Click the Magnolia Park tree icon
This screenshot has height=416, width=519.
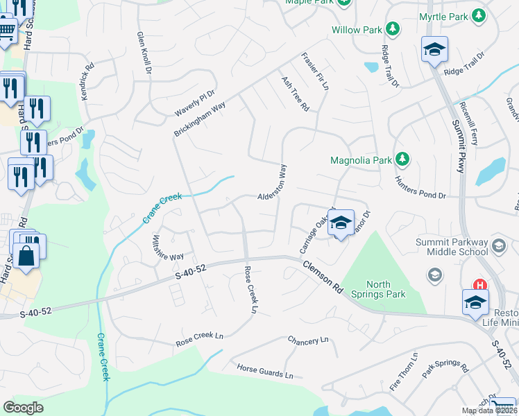pyautogui.click(x=402, y=160)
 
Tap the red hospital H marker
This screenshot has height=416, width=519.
pyautogui.click(x=479, y=285)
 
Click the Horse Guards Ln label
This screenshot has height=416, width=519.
pyautogui.click(x=265, y=372)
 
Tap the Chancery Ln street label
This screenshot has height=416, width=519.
pyautogui.click(x=308, y=340)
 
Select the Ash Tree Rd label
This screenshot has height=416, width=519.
pyautogui.click(x=295, y=94)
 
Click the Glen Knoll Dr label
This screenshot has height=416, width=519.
pyautogui.click(x=144, y=53)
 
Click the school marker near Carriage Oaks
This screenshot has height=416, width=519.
pyautogui.click(x=340, y=223)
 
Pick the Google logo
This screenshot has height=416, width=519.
pyautogui.click(x=23, y=408)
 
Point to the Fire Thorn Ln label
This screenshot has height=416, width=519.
pyautogui.click(x=404, y=372)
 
